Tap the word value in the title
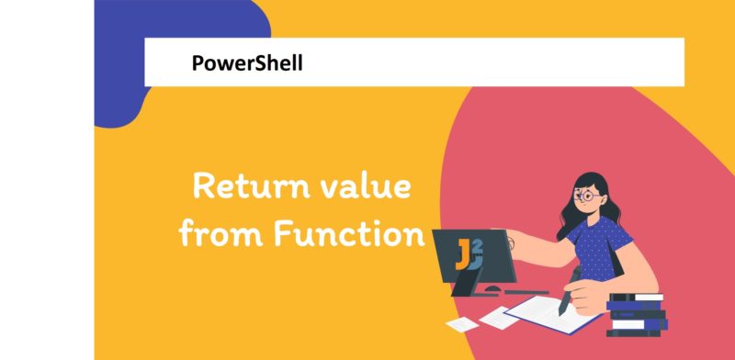[365, 189]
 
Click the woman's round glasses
[588, 196]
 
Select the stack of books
[637, 312]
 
